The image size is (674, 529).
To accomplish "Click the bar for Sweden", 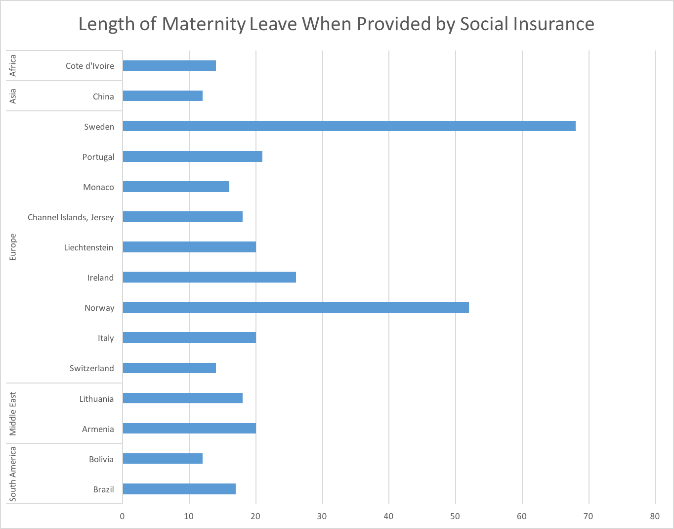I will [x=349, y=126].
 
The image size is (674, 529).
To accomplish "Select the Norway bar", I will [x=295, y=307].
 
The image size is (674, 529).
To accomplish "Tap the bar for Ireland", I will [x=209, y=277].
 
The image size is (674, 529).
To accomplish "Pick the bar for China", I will [x=163, y=96].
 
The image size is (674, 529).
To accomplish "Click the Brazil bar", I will [x=179, y=489].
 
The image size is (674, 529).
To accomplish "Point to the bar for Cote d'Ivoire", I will [x=169, y=65].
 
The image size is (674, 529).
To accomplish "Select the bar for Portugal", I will [x=192, y=156].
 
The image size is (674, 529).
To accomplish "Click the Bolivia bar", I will [x=163, y=459].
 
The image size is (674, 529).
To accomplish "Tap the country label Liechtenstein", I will [x=88, y=247].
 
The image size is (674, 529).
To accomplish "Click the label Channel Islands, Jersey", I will [x=71, y=217].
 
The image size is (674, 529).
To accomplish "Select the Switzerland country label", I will [x=91, y=368].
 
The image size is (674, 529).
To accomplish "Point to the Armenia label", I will [x=98, y=429].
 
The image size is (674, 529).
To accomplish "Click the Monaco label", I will [x=98, y=187].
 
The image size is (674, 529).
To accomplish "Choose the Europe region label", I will [x=13, y=247].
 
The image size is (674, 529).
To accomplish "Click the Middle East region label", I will [x=13, y=413].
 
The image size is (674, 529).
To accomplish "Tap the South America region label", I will [x=13, y=474].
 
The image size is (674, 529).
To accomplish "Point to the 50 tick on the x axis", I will [x=456, y=516].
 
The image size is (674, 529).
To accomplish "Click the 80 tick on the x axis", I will [x=655, y=516].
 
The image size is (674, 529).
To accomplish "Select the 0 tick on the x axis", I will [x=123, y=516].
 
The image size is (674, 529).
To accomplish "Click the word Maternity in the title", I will [x=204, y=24].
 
